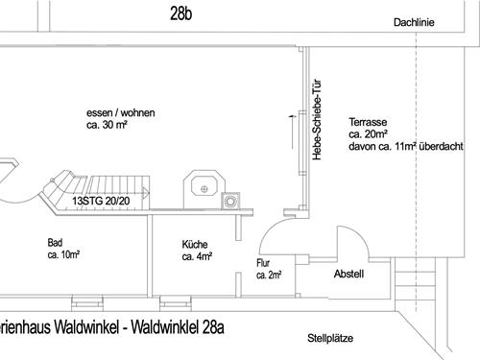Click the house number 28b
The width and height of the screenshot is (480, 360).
[x=181, y=13]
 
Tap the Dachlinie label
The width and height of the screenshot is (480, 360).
[x=414, y=22]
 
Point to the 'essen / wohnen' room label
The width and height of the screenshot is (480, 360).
[x=121, y=113]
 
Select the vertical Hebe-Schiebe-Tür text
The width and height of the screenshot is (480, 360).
[x=316, y=119]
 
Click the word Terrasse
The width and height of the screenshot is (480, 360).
[x=368, y=122]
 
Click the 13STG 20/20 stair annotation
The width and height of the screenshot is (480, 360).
[x=101, y=201]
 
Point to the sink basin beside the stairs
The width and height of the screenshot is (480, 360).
[x=204, y=186]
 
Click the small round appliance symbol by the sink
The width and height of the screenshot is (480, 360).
[x=230, y=202]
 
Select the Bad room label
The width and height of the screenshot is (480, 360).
[x=55, y=243]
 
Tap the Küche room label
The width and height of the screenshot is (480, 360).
[x=195, y=245]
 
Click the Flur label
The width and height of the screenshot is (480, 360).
[x=263, y=263]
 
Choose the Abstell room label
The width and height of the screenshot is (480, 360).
[x=348, y=274]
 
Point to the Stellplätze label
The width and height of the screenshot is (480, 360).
[x=330, y=338]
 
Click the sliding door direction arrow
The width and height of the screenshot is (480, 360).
[x=292, y=132]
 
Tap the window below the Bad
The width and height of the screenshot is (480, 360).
[x=87, y=303]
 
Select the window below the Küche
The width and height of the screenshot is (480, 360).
[x=176, y=303]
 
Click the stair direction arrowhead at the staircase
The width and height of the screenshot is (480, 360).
[x=146, y=193]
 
